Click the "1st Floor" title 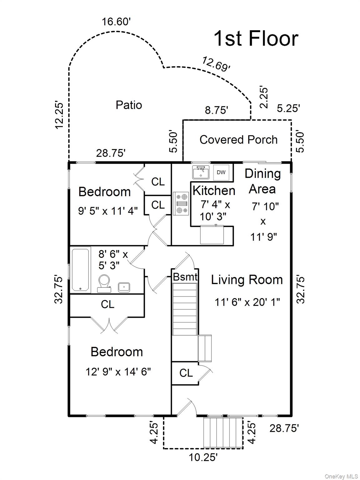pos(256,38)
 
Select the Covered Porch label pos(238,139)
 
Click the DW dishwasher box pos(221,172)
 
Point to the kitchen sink pos(201,172)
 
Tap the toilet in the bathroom pos(104,283)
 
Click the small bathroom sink pos(124,287)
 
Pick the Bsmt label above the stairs pos(185,277)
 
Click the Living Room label pos(247,280)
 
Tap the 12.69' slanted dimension pos(216,64)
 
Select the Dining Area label pos(262,181)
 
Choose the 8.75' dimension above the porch pos(216,110)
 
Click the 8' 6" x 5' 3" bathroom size pos(113,260)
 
